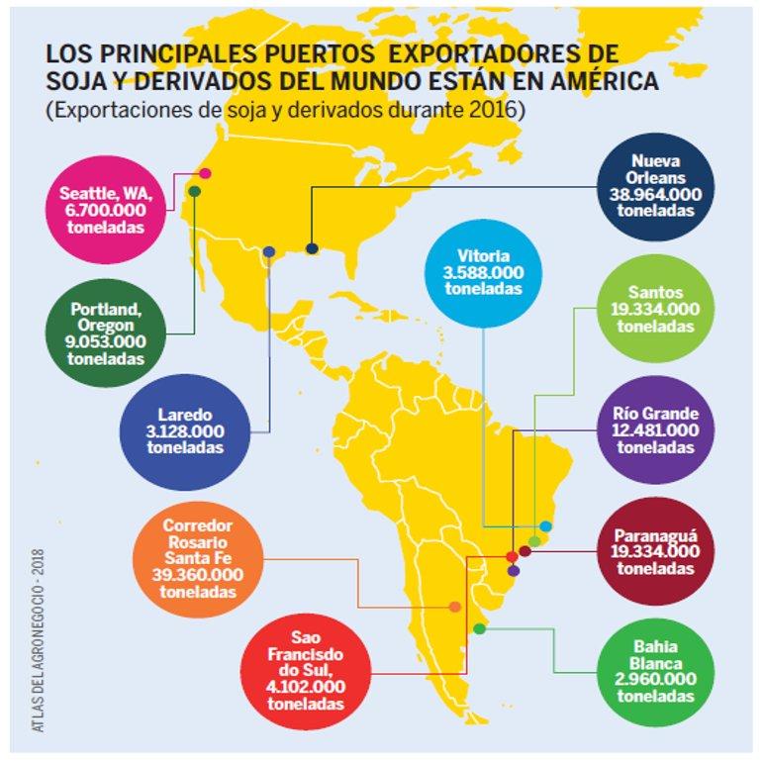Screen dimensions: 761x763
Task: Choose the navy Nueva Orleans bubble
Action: [653, 185]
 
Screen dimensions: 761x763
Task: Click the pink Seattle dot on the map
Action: [205, 174]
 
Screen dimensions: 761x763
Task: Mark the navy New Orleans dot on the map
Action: [312, 248]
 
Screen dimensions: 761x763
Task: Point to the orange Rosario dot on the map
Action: [454, 607]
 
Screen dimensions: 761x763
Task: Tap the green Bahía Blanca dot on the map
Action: [480, 628]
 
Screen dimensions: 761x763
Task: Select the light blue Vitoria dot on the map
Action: [545, 525]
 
